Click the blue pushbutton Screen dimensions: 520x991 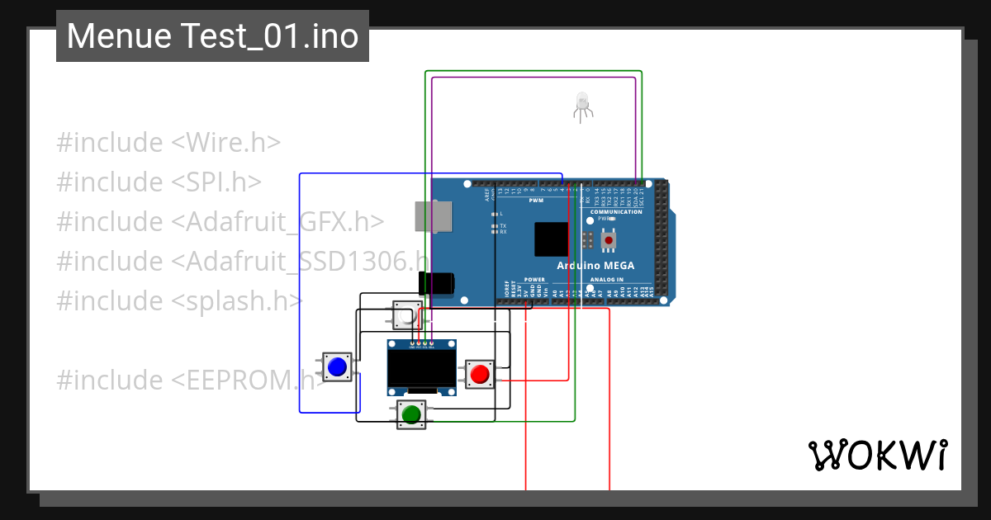pyautogui.click(x=336, y=366)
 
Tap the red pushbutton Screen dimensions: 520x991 pyautogui.click(x=479, y=374)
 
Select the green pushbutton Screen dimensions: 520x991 pyautogui.click(x=410, y=414)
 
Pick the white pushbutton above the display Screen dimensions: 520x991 pyautogui.click(x=405, y=315)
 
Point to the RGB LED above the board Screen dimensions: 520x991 pyautogui.click(x=582, y=104)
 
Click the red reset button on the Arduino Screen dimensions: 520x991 pyautogui.click(x=609, y=239)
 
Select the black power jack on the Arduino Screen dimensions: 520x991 pyautogui.click(x=437, y=283)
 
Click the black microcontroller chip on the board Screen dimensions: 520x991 pyautogui.click(x=551, y=239)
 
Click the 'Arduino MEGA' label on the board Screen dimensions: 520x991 pyautogui.click(x=595, y=266)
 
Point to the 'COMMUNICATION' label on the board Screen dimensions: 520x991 pyautogui.click(x=616, y=212)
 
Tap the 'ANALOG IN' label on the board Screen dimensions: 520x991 pyautogui.click(x=607, y=280)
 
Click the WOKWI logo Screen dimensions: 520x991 pyautogui.click(x=877, y=455)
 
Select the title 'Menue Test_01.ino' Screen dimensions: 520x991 pyautogui.click(x=212, y=36)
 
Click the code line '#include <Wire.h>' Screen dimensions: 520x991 pyautogui.click(x=168, y=143)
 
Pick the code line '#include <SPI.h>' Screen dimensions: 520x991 pyautogui.click(x=159, y=182)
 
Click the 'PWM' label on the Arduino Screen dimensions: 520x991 pyautogui.click(x=536, y=201)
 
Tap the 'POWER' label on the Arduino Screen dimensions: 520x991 pyautogui.click(x=534, y=280)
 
